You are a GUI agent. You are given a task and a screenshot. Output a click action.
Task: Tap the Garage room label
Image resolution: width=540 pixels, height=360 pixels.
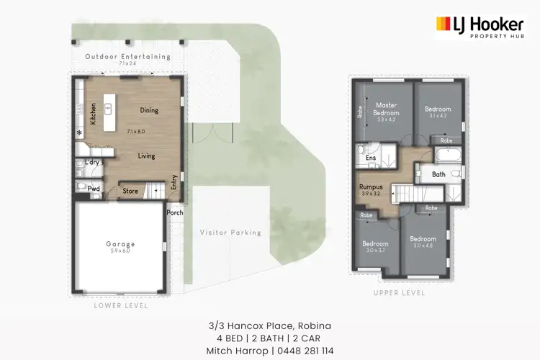(x=120, y=244)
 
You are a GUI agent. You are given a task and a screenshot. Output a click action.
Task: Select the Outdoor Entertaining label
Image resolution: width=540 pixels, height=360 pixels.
(x=127, y=56)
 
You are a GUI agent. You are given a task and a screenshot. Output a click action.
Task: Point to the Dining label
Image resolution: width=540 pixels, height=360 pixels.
(x=149, y=110)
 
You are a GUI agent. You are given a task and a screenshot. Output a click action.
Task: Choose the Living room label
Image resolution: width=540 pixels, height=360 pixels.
(x=146, y=156)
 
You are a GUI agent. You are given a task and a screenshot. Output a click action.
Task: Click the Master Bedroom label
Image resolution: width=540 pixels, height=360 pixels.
(x=386, y=109)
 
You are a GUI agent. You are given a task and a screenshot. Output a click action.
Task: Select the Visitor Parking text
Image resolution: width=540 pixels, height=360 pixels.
(x=231, y=233)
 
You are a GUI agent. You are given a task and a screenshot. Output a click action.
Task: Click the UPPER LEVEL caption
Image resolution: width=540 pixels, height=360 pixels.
(x=400, y=293)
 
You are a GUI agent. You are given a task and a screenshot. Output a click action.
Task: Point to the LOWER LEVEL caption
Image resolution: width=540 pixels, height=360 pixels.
(x=121, y=305)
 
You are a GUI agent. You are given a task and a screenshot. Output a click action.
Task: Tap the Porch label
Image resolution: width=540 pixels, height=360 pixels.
(x=175, y=212)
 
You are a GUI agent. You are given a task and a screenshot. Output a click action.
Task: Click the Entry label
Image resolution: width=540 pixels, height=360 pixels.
(x=174, y=185)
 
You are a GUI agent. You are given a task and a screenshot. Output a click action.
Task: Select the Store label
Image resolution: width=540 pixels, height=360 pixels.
(x=130, y=192)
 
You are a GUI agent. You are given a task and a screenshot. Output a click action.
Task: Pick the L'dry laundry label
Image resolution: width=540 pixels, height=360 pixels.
(x=91, y=163)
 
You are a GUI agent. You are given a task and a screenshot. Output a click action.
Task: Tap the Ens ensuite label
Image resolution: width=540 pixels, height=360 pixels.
(x=371, y=157)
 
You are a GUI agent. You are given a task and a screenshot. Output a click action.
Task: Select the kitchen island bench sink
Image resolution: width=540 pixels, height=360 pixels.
(x=109, y=109)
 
